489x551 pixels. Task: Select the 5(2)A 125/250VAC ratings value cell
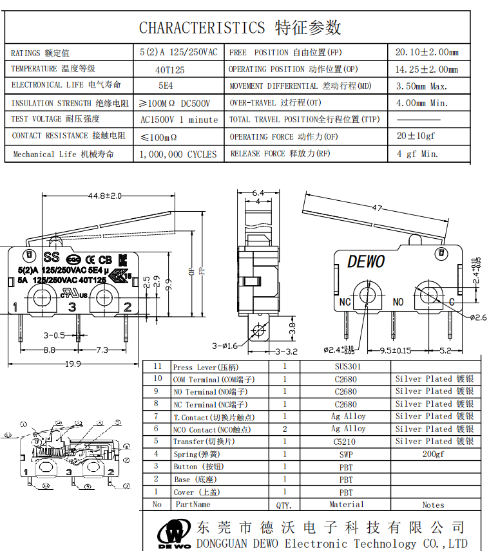click(x=178, y=52)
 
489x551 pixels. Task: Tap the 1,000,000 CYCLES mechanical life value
click(x=178, y=154)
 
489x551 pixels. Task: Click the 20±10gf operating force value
click(x=416, y=136)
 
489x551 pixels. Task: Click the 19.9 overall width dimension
click(x=72, y=364)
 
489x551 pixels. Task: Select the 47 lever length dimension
click(x=377, y=208)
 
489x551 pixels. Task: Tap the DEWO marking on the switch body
click(x=366, y=261)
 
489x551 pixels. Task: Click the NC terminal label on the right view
click(x=345, y=302)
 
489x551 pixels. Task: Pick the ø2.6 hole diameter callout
click(x=477, y=317)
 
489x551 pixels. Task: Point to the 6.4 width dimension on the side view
click(x=258, y=192)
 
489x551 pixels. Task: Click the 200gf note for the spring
click(x=433, y=454)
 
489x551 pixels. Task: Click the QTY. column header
click(x=284, y=505)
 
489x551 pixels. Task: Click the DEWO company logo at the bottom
click(x=175, y=534)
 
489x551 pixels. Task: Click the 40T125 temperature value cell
click(x=170, y=70)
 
